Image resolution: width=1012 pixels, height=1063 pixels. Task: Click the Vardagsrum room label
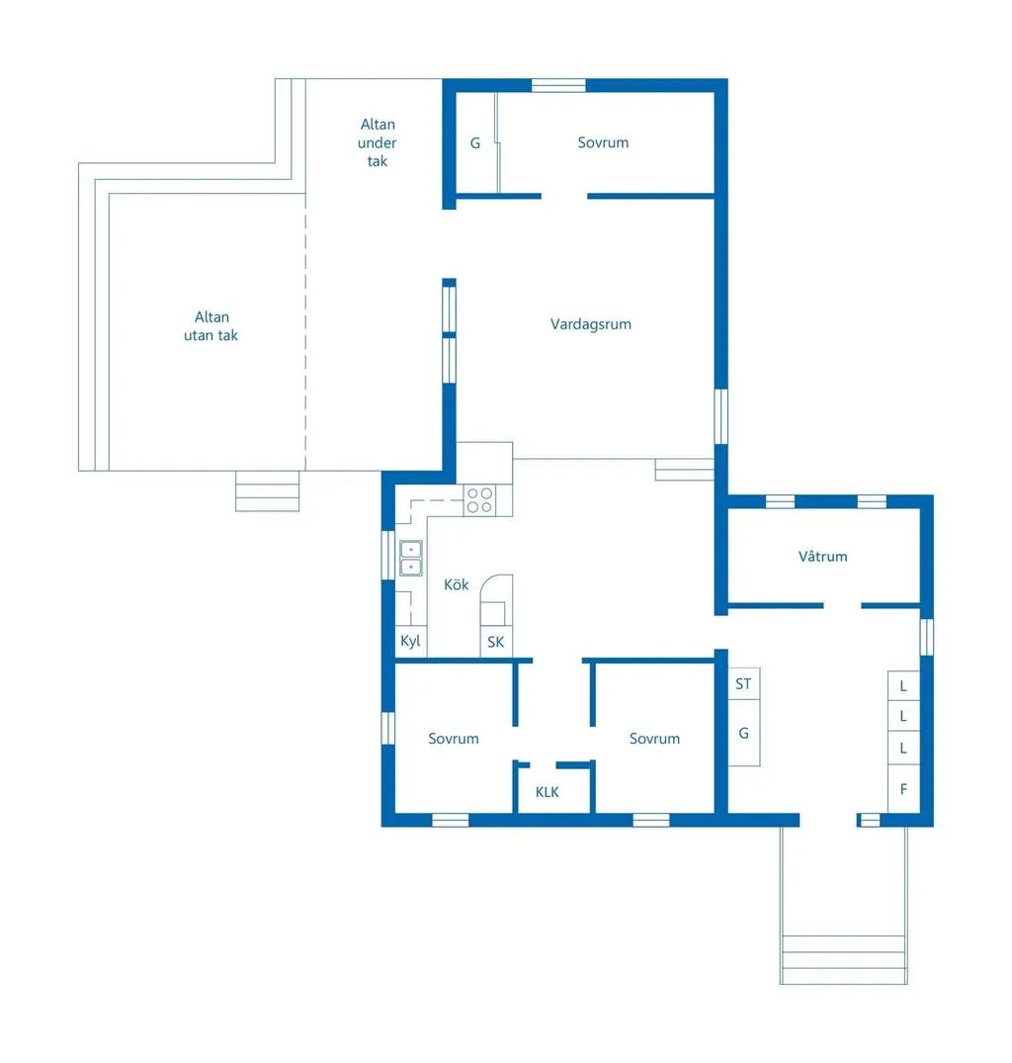(x=590, y=324)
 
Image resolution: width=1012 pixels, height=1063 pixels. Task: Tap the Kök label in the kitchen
(x=456, y=585)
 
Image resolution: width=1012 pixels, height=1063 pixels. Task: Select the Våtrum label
(x=822, y=557)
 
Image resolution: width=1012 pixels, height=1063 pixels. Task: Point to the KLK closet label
(x=547, y=792)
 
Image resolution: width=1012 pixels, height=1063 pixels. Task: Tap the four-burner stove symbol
(x=479, y=499)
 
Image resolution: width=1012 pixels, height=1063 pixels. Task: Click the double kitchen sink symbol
(x=410, y=559)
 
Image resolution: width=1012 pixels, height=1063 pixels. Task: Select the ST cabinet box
(x=743, y=683)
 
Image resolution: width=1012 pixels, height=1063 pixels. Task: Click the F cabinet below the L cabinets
(x=903, y=789)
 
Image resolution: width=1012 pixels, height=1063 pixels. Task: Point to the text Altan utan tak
(x=211, y=326)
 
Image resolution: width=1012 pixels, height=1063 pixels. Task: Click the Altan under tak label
(x=377, y=142)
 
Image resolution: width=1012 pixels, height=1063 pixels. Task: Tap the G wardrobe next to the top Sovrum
(x=474, y=143)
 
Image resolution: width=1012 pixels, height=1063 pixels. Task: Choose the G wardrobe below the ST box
(x=743, y=733)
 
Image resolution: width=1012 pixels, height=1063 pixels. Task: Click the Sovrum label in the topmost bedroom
(x=603, y=142)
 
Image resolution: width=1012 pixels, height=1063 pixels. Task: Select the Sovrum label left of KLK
(x=453, y=739)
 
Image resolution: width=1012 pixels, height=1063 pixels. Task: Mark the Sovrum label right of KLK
(x=654, y=739)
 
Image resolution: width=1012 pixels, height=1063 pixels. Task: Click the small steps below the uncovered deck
(x=267, y=491)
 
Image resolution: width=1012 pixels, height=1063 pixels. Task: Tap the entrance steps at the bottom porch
(x=843, y=958)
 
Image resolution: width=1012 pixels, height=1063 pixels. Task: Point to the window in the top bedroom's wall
(x=558, y=85)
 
